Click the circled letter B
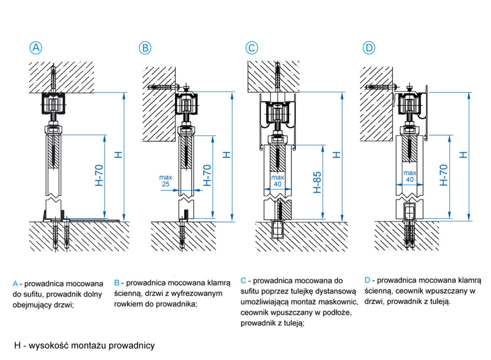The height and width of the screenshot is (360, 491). click(145, 48)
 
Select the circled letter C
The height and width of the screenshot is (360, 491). click(252, 48)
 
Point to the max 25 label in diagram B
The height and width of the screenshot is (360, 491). click(166, 181)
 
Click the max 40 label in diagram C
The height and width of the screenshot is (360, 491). click(277, 181)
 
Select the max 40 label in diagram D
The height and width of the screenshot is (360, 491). click(410, 177)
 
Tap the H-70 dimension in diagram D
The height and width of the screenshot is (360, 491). click(443, 175)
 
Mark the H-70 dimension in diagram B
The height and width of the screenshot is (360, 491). click(207, 175)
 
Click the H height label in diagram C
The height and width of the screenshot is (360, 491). click(336, 155)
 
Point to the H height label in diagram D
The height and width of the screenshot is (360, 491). click(463, 154)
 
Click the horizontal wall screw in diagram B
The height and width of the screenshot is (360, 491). click(162, 87)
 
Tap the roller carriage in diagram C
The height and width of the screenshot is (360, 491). click(277, 112)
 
